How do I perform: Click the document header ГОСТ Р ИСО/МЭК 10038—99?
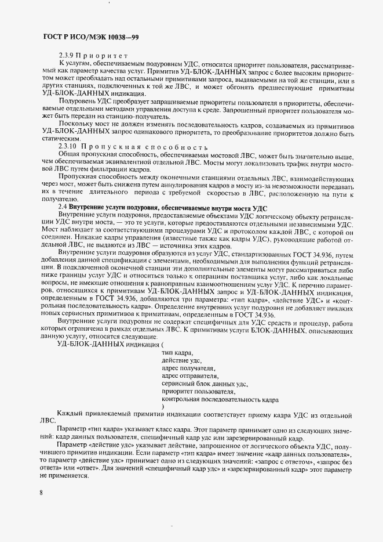tap(91, 37)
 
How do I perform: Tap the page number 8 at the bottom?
tap(42, 492)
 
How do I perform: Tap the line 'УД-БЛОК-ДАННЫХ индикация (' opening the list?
tap(108, 344)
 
